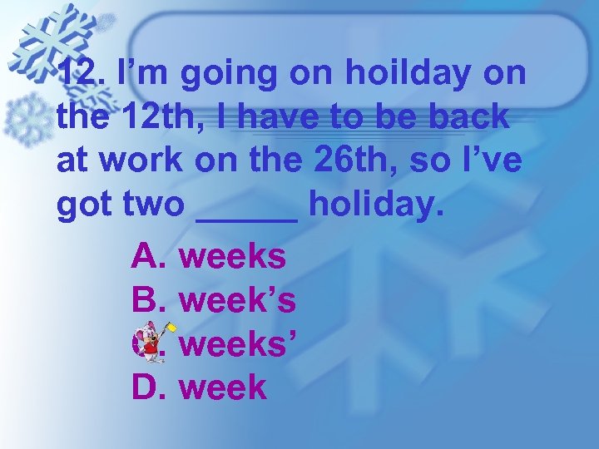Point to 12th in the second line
pyautogui.click(x=152, y=117)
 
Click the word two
pyautogui.click(x=149, y=205)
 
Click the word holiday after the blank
pyautogui.click(x=371, y=205)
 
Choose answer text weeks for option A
pyautogui.click(x=232, y=257)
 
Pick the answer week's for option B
pyautogui.click(x=237, y=300)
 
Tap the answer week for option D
pyautogui.click(x=222, y=387)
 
